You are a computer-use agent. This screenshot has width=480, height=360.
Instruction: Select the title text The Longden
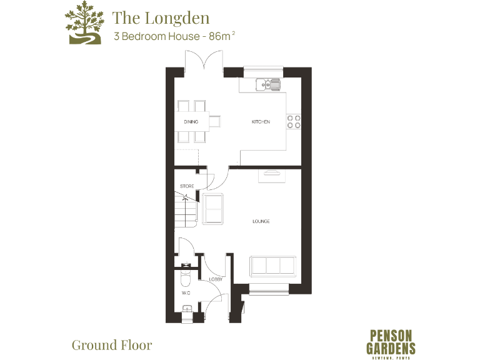pos(161,17)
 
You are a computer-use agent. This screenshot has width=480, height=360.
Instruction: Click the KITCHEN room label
pos(261,122)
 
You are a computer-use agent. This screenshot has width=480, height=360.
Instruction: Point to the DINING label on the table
pos(191,122)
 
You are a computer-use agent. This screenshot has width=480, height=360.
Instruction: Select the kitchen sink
pos(267,83)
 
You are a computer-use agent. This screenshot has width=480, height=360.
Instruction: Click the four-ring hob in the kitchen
pos(294,122)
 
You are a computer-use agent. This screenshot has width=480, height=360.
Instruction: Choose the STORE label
pos(186,186)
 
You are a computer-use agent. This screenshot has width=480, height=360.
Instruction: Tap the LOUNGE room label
pos(261,221)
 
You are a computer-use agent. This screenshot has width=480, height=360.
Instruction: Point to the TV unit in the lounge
pos(272,174)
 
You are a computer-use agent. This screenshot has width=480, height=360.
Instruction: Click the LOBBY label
pos(216,279)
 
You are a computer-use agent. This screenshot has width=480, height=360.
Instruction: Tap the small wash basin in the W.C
pos(186,307)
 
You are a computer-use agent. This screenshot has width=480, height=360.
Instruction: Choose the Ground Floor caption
pos(112,344)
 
